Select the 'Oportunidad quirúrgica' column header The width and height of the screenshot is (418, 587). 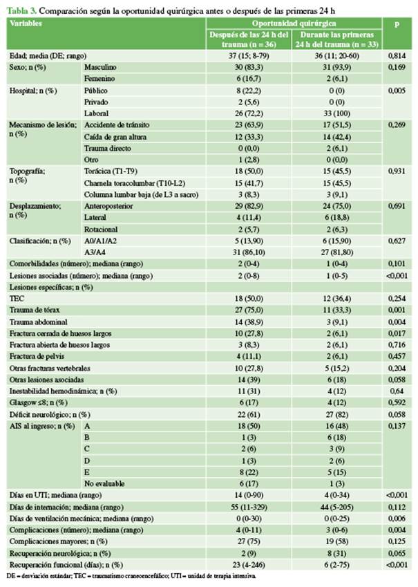[x=296, y=24]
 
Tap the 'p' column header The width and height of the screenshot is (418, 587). [x=397, y=24]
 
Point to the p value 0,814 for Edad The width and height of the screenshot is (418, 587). [x=397, y=53]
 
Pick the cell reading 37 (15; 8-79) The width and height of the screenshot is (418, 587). [x=249, y=53]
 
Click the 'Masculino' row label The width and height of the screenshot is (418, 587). [x=102, y=66]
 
